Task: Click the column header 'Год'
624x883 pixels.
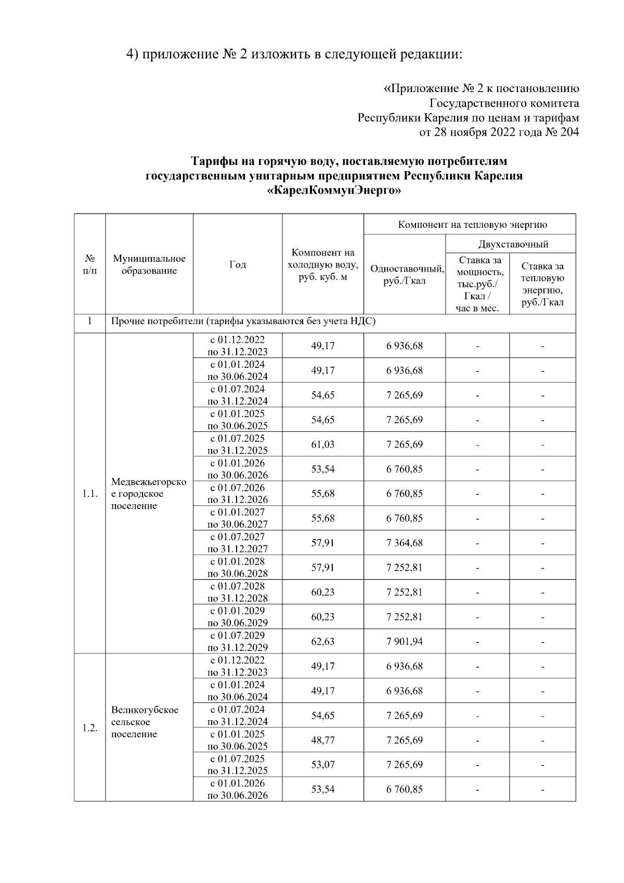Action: point(238,264)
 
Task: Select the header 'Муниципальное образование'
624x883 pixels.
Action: point(149,264)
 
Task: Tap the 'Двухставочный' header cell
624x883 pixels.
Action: point(513,244)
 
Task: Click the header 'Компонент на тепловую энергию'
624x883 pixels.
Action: point(472,225)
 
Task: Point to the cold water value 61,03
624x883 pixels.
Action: point(323,444)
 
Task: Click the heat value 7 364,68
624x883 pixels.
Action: point(404,543)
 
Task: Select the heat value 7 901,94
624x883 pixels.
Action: point(404,641)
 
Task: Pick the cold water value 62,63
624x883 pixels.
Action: point(323,641)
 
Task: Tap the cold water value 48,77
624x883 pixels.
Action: point(323,740)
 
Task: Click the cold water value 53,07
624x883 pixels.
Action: point(323,764)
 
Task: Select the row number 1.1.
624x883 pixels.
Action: point(90,493)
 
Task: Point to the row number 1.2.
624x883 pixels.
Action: point(90,727)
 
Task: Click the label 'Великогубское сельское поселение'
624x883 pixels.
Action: point(145,722)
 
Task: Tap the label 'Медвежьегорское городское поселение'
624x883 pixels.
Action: point(149,494)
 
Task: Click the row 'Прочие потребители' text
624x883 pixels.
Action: point(243,321)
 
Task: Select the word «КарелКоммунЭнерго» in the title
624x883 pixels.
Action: point(334,191)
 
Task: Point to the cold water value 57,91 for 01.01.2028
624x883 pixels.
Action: point(323,567)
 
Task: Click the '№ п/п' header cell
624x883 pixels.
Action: point(90,264)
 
